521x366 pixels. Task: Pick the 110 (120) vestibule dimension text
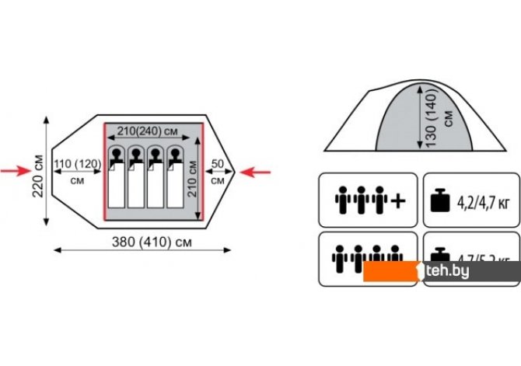pos(77,164)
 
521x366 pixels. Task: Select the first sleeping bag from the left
pos(115,183)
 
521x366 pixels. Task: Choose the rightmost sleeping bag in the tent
pos(176,183)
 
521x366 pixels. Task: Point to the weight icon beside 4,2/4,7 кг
pos(440,201)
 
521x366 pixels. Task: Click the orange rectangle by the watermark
pos(392,271)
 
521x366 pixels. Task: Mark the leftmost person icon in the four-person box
pos(339,256)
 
